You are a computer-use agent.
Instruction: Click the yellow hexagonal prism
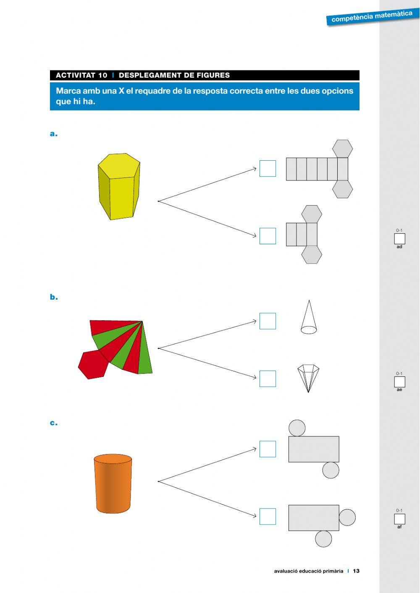[118, 187]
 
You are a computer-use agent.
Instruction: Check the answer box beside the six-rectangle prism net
[268, 169]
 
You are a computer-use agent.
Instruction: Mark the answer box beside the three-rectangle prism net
[268, 236]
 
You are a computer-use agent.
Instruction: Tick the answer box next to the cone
[268, 321]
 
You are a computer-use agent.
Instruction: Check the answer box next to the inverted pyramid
[268, 379]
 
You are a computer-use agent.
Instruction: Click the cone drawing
[309, 318]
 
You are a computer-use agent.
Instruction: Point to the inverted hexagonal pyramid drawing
[308, 378]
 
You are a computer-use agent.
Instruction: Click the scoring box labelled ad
[399, 239]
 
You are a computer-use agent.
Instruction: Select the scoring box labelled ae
[399, 382]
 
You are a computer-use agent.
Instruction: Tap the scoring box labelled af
[399, 519]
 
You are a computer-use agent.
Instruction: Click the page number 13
[356, 571]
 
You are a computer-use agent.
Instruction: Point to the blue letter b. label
[54, 297]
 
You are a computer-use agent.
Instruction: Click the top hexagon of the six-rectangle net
[342, 149]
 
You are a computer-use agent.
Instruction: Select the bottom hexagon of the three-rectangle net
[312, 254]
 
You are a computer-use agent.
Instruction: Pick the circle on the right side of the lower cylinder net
[347, 517]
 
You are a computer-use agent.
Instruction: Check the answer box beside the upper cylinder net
[268, 449]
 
